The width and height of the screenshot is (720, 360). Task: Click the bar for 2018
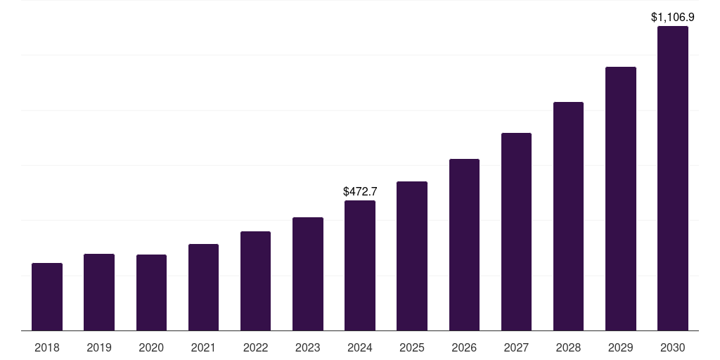(x=47, y=297)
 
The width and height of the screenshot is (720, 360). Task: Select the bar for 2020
(x=151, y=292)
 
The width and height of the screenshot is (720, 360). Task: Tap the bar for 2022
(x=255, y=281)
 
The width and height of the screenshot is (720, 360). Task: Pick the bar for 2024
(x=360, y=266)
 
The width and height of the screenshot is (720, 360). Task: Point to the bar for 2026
(x=464, y=245)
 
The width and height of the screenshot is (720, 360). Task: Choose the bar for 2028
(x=568, y=217)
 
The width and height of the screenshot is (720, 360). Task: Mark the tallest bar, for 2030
(x=672, y=179)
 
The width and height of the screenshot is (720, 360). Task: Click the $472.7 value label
(x=360, y=191)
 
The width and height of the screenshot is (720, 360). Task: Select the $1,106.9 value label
(x=672, y=17)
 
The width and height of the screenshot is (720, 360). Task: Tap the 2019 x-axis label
(x=99, y=347)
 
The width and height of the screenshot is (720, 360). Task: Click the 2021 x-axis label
(x=203, y=347)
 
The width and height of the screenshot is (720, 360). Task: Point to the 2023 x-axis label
(x=308, y=347)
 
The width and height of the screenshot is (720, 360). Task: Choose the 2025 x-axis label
(x=412, y=347)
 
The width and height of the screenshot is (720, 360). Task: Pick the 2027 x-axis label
(x=516, y=347)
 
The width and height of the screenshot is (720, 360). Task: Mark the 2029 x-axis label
(x=620, y=347)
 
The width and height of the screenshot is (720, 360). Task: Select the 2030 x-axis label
(x=672, y=347)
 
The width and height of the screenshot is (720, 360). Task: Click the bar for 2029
(x=620, y=199)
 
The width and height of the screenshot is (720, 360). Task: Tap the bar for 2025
(x=412, y=256)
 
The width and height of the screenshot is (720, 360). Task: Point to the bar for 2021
(x=203, y=288)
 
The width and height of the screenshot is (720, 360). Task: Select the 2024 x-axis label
(x=360, y=347)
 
